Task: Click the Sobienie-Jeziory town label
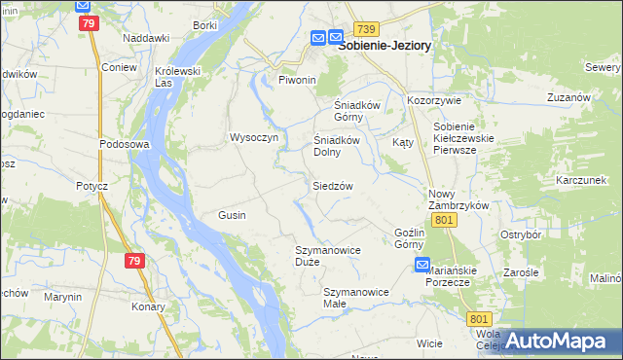click(385, 45)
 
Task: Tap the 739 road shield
click(366, 30)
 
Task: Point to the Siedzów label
click(332, 185)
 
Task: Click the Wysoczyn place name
click(254, 137)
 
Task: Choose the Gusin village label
click(232, 214)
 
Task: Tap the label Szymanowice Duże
click(328, 256)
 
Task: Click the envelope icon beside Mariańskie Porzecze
click(422, 265)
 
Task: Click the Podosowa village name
click(123, 143)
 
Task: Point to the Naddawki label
click(146, 37)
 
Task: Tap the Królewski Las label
click(177, 76)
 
